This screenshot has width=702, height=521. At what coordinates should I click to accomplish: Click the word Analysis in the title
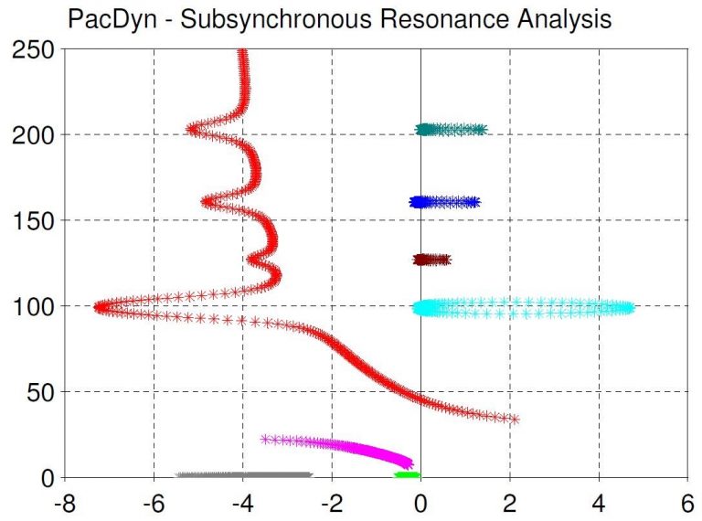pos(552,19)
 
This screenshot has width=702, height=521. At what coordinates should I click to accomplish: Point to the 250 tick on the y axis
pos(33,49)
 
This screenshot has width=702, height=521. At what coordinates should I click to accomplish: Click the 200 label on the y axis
pos(33,134)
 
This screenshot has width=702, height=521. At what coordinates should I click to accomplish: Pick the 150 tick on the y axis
pos(33,220)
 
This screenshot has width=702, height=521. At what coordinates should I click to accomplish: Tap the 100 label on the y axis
pos(33,306)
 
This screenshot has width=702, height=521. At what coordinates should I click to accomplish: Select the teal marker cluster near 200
pos(451,130)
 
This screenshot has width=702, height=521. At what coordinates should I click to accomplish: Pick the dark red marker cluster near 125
pos(431,260)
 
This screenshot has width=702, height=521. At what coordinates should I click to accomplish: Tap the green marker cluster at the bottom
pos(407,474)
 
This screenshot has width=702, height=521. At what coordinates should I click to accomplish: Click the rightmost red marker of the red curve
pos(515,420)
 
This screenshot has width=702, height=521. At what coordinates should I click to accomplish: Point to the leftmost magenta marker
pos(266,439)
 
